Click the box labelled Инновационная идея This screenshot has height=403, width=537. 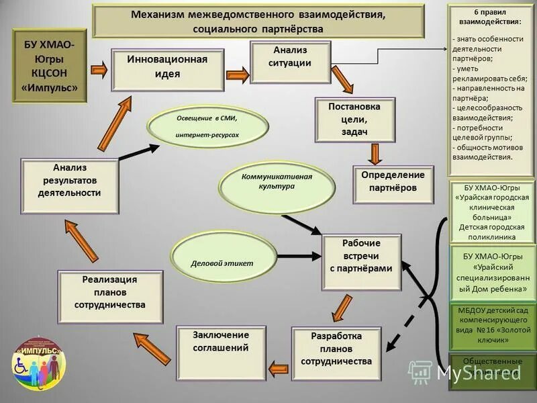[x=167, y=69]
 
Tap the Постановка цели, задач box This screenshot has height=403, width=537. [x=354, y=120]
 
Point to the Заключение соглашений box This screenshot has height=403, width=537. [x=221, y=347]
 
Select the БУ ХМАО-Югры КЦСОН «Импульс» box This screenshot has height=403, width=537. [x=50, y=66]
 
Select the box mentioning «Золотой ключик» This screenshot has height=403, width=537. [x=493, y=326]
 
